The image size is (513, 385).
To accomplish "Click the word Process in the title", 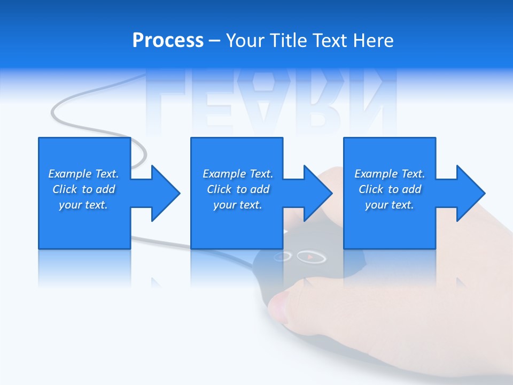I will click(x=168, y=41).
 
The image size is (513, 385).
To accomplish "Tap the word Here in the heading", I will click(x=372, y=41).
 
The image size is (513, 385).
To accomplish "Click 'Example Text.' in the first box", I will click(x=83, y=174).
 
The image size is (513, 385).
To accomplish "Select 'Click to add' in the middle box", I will click(x=238, y=189).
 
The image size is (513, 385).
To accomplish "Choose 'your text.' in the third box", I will click(x=390, y=205).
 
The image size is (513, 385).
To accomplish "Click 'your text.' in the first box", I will click(x=83, y=205).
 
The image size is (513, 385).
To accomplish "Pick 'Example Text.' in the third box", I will click(x=390, y=174).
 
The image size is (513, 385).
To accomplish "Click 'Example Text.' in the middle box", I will click(x=238, y=174).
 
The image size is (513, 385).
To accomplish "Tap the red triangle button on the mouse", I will click(x=309, y=257).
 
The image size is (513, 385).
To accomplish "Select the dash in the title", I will click(x=214, y=41).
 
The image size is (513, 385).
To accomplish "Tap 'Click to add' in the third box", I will click(x=390, y=189).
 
